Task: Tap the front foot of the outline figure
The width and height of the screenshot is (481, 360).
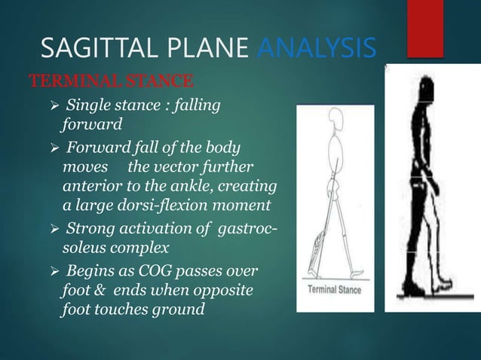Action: pyautogui.click(x=354, y=273)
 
